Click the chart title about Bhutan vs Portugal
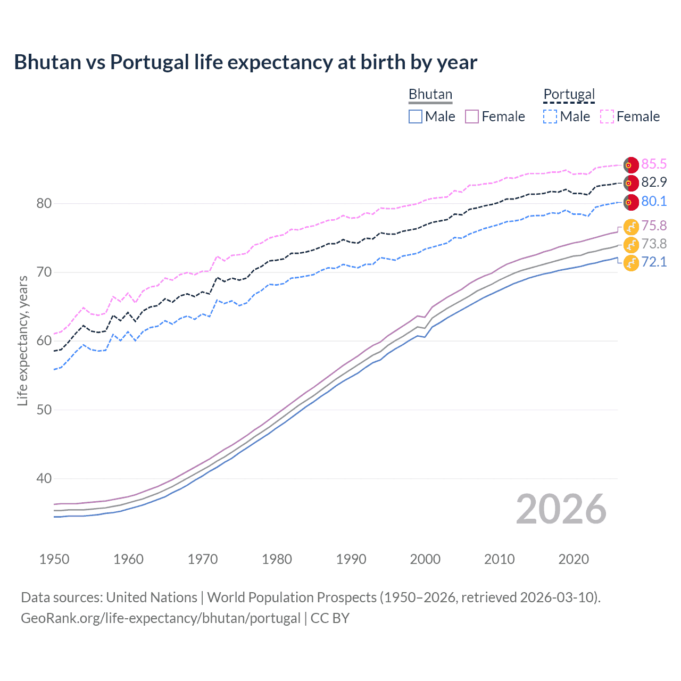click(245, 62)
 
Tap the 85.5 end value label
click(654, 164)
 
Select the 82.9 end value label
click(654, 182)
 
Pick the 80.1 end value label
click(654, 202)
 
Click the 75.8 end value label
click(654, 226)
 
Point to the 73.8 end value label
click(654, 244)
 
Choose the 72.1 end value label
click(654, 262)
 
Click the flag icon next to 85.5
click(631, 165)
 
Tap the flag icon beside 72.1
click(631, 263)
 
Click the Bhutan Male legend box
click(416, 117)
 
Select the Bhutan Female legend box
click(472, 117)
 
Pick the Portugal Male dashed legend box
click(550, 117)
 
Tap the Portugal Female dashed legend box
click(607, 117)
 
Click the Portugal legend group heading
click(569, 94)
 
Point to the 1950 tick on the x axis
click(54, 559)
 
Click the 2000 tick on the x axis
click(425, 559)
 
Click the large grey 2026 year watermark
click(561, 509)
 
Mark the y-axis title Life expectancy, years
click(22, 340)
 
